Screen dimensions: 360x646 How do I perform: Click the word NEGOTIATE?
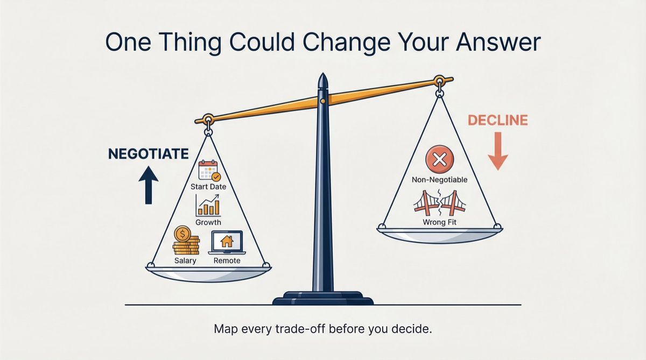pyautogui.click(x=148, y=154)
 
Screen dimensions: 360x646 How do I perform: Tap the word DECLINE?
pyautogui.click(x=497, y=120)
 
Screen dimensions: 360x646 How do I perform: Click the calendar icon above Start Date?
pyautogui.click(x=208, y=170)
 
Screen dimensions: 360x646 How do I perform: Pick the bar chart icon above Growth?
pyautogui.click(x=208, y=206)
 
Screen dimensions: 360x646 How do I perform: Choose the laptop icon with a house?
pyautogui.click(x=227, y=243)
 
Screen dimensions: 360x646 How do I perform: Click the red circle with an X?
pyautogui.click(x=440, y=160)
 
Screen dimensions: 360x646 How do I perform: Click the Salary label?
pyautogui.click(x=185, y=261)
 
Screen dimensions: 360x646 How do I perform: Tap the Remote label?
pyautogui.click(x=227, y=261)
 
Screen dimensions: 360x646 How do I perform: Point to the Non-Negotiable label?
pyautogui.click(x=440, y=180)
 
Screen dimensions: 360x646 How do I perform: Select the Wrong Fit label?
pyautogui.click(x=440, y=222)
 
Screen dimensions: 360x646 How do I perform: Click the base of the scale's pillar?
pyautogui.click(x=322, y=297)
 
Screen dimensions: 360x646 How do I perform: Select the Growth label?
pyautogui.click(x=208, y=222)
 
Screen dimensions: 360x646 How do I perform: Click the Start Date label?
pyautogui.click(x=208, y=187)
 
